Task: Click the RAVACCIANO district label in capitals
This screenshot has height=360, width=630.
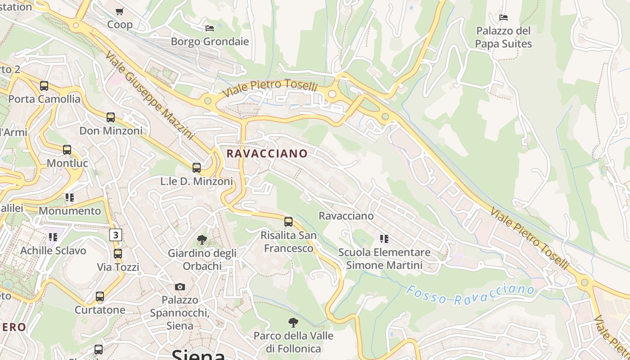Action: [267, 153]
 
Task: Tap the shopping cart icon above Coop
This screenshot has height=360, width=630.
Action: [119, 11]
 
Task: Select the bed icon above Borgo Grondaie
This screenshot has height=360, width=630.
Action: [210, 28]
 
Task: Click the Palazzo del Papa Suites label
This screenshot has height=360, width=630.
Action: [504, 37]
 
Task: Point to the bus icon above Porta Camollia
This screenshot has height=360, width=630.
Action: [44, 85]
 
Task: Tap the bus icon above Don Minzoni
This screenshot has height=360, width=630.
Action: [111, 117]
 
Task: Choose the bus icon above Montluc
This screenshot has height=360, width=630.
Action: [67, 150]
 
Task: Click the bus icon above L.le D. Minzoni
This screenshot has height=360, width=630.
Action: [197, 168]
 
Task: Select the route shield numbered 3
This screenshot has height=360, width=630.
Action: [116, 234]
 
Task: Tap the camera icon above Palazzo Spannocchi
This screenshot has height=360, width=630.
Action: [180, 287]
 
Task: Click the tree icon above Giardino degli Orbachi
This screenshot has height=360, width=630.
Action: [202, 240]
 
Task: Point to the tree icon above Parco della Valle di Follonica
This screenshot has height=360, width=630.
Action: [293, 323]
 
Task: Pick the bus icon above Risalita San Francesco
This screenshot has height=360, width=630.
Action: [288, 222]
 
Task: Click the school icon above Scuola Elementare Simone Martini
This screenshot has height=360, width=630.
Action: [384, 238]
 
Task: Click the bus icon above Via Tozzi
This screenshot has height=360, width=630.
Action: [118, 254]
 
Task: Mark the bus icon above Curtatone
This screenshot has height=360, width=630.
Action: [100, 297]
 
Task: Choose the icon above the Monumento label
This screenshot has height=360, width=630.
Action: [70, 197]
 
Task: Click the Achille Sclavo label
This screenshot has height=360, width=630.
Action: [53, 250]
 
